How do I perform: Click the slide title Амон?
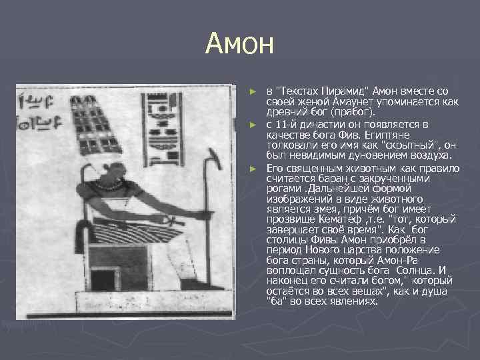click(x=240, y=44)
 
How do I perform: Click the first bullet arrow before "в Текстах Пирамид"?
click(x=253, y=91)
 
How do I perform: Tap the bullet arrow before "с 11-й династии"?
click(x=253, y=125)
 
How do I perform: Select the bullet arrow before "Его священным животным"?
click(x=253, y=169)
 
